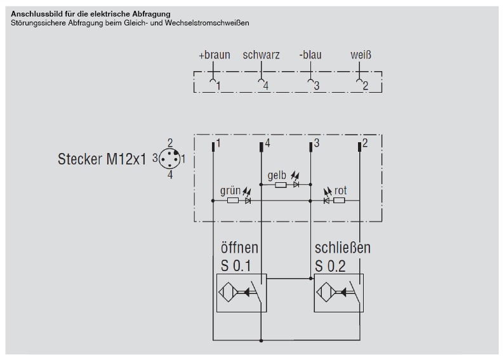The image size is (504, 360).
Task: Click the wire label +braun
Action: pyautogui.click(x=214, y=55)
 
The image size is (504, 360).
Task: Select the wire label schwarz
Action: pyautogui.click(x=261, y=55)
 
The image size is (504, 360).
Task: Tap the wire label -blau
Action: pyautogui.click(x=310, y=55)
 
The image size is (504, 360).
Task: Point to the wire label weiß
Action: pyautogui.click(x=361, y=55)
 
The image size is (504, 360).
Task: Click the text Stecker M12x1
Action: pyautogui.click(x=102, y=159)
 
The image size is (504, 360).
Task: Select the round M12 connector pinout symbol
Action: pyautogui.click(x=169, y=158)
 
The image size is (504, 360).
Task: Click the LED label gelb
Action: pyautogui.click(x=277, y=175)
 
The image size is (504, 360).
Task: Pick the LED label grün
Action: pyautogui.click(x=230, y=190)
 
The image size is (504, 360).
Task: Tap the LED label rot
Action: pyautogui.click(x=340, y=190)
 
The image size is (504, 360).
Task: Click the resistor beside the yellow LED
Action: pyautogui.click(x=281, y=185)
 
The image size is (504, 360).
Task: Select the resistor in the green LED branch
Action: pyautogui.click(x=233, y=201)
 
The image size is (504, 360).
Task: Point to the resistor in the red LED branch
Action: pyautogui.click(x=339, y=201)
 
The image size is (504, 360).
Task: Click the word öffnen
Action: pyautogui.click(x=239, y=247)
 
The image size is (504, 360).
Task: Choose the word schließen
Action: pyautogui.click(x=342, y=247)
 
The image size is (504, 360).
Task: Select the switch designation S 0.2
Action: pyautogui.click(x=330, y=266)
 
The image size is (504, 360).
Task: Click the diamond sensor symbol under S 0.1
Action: pyautogui.click(x=228, y=293)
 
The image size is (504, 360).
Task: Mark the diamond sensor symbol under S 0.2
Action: pyautogui.click(x=326, y=293)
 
